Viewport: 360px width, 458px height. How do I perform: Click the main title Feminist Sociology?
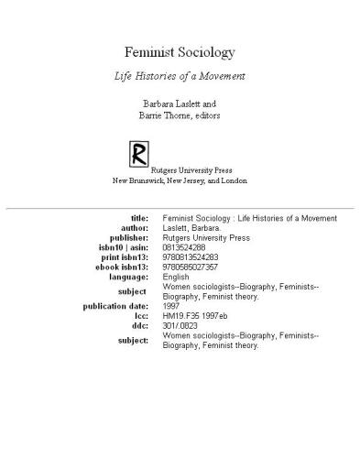(180, 52)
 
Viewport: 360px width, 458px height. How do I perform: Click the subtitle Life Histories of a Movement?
(180, 76)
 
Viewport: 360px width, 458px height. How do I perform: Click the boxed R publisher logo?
(138, 152)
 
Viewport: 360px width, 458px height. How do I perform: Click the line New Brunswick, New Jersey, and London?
(180, 180)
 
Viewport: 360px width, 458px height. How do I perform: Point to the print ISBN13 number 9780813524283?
(191, 256)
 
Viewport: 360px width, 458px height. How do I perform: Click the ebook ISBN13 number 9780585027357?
(191, 267)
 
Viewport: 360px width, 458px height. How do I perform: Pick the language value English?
(176, 276)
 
